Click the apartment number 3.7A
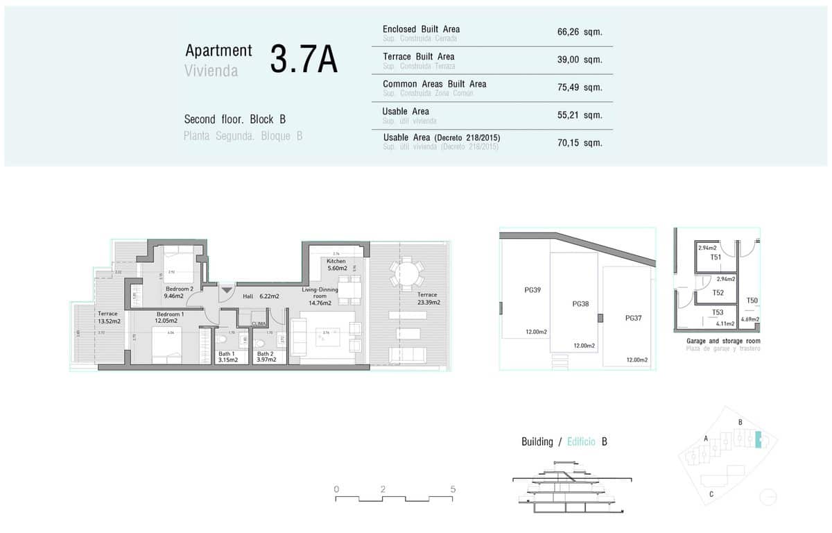(303, 60)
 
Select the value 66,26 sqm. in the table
(579, 32)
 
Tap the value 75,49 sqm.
(579, 87)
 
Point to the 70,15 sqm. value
(579, 143)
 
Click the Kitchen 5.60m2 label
(336, 264)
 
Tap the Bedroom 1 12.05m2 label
(169, 317)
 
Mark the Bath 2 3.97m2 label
(266, 357)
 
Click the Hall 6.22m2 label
(261, 296)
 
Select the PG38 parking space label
(580, 304)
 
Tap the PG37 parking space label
(633, 319)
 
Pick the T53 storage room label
(717, 313)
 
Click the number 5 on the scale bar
(453, 489)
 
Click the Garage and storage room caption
(723, 341)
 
